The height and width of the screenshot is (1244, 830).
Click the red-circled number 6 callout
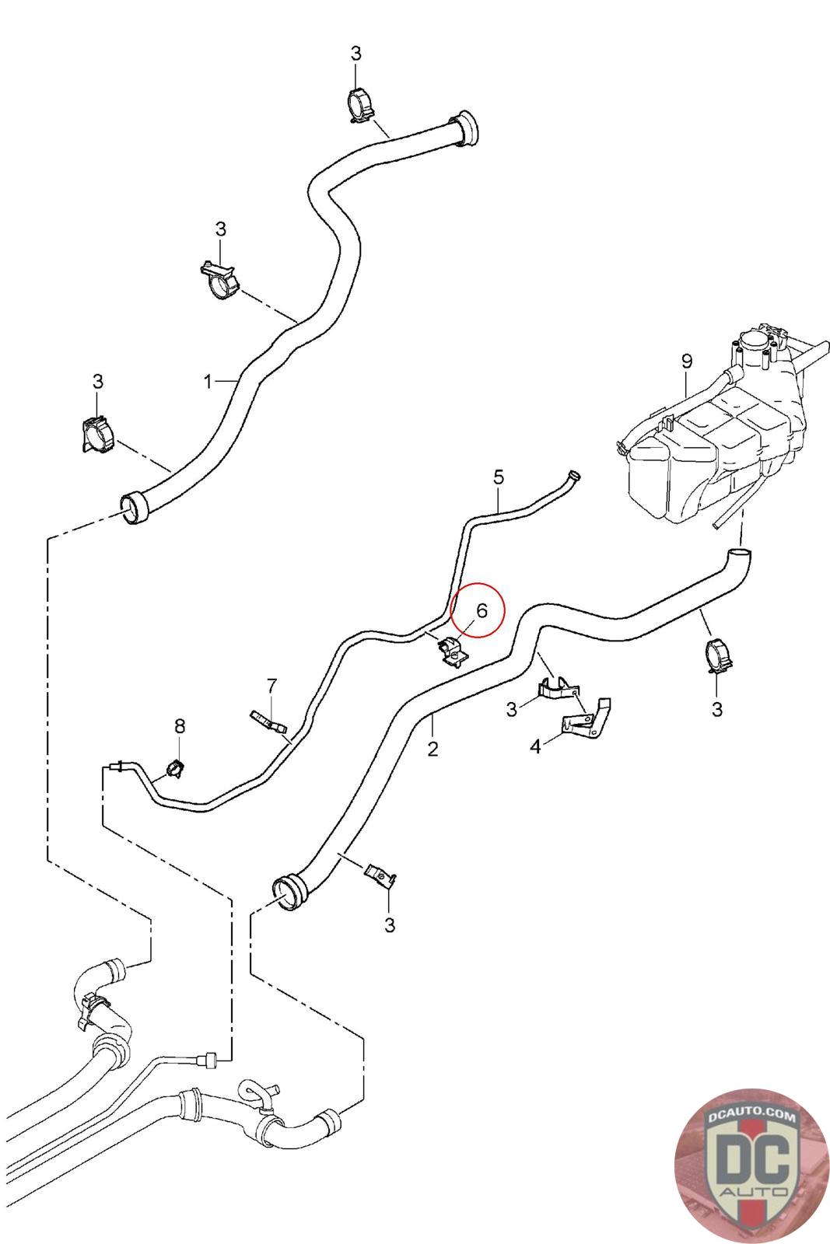pos(481,610)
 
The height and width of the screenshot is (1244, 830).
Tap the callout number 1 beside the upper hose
pos(208,381)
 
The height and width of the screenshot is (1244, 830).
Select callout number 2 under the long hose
pos(433,749)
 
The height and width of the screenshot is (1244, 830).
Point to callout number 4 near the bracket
pos(535,746)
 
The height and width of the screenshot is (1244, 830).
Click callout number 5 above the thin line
pos(499,476)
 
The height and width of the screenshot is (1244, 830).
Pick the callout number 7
pos(271,686)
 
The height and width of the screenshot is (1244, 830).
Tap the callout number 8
pos(180,726)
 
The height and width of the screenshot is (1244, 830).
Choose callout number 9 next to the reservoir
pos(686,362)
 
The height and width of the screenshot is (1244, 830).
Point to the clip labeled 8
pos(175,768)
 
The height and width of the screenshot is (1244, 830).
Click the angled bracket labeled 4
pos(587,718)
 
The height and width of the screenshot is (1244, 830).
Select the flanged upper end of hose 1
pos(466,128)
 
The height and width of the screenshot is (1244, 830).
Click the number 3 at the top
pos(356,54)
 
